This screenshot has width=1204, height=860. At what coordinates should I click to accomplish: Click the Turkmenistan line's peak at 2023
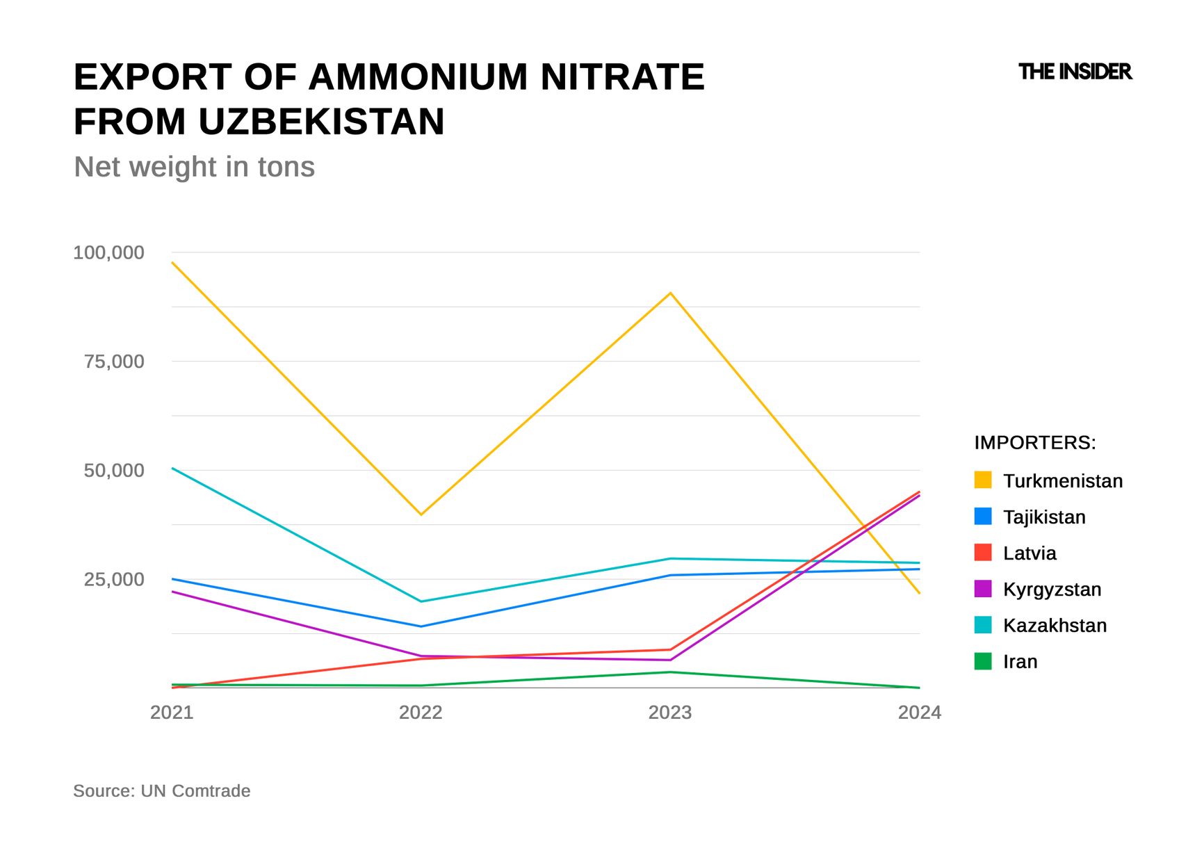click(670, 293)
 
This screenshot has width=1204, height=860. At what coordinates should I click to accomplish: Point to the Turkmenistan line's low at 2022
click(421, 514)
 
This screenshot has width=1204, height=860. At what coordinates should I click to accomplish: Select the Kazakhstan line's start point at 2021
click(172, 468)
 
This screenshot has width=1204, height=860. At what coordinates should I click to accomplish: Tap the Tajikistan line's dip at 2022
click(421, 626)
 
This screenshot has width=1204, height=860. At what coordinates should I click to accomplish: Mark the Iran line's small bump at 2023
click(670, 672)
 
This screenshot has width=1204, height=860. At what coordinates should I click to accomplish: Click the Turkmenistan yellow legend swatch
click(983, 480)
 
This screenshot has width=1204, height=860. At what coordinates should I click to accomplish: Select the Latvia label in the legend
click(1029, 553)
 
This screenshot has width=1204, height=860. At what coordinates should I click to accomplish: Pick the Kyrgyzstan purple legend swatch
click(983, 589)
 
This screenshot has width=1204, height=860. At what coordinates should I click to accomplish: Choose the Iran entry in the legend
click(1020, 662)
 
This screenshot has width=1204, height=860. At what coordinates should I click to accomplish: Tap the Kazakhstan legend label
click(1055, 626)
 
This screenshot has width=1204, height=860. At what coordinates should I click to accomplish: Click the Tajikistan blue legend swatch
click(983, 517)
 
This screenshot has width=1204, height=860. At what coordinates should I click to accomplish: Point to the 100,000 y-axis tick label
click(109, 252)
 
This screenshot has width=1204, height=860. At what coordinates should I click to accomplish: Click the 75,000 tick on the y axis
click(114, 362)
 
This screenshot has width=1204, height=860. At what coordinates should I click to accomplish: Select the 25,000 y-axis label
click(114, 579)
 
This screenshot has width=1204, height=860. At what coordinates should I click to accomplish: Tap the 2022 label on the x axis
click(421, 713)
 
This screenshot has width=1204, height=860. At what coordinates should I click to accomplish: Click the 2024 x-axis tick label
click(919, 713)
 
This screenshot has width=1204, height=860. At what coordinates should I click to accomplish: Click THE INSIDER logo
click(1075, 72)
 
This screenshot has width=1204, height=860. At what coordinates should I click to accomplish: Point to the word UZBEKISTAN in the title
click(321, 122)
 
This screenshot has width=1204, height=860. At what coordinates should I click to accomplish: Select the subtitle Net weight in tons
click(194, 167)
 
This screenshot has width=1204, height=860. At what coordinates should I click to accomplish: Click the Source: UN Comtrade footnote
click(161, 791)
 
